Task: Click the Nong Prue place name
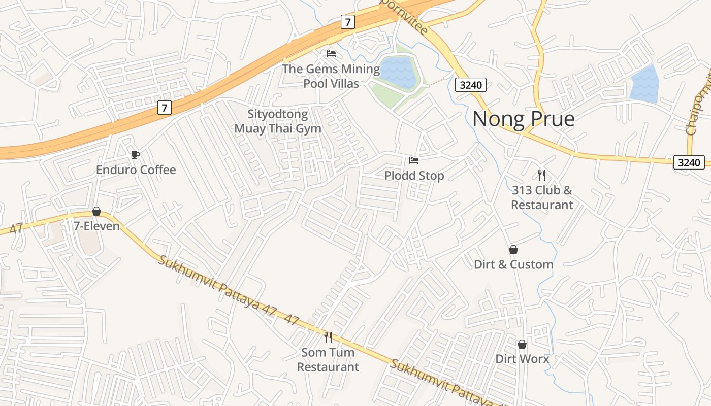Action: click(523, 119)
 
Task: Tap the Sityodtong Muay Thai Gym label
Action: click(278, 121)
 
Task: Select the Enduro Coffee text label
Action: click(136, 170)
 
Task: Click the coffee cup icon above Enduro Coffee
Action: click(136, 155)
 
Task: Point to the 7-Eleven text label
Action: click(96, 226)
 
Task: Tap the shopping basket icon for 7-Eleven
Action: click(96, 211)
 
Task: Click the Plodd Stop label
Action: click(414, 176)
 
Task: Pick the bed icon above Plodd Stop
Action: click(414, 160)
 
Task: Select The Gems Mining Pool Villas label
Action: click(331, 76)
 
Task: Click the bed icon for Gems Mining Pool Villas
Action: click(331, 53)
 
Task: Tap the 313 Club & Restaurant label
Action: click(542, 197)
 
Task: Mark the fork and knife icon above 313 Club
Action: click(542, 175)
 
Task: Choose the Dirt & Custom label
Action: click(513, 264)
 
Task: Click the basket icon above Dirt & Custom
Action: click(513, 250)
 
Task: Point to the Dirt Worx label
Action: click(522, 359)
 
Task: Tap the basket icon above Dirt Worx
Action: click(522, 344)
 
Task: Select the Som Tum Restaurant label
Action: click(328, 359)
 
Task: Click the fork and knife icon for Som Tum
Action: click(328, 337)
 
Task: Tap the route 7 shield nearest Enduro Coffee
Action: click(164, 108)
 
